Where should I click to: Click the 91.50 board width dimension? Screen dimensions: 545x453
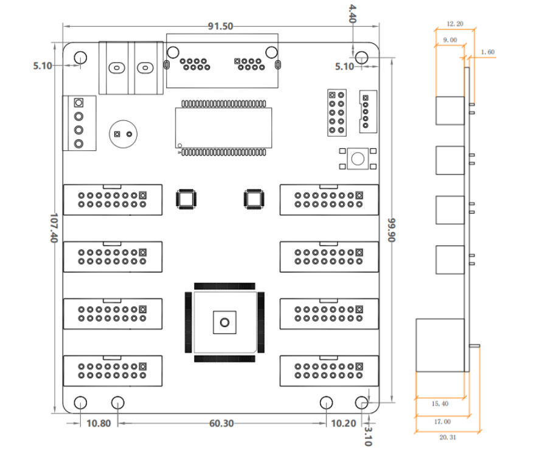[220, 26]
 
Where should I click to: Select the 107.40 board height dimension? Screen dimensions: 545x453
[54, 228]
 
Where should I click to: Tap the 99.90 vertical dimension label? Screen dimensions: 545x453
[392, 230]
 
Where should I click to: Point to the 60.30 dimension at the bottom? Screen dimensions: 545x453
[221, 423]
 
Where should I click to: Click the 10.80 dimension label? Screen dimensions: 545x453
[99, 423]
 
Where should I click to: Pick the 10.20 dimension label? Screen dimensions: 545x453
[344, 423]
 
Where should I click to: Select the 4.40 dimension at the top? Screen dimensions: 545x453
[352, 13]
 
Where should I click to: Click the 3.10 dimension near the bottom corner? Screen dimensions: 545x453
[368, 437]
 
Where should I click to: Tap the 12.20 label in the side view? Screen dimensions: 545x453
[455, 24]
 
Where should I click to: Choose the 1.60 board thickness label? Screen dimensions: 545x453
[488, 52]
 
